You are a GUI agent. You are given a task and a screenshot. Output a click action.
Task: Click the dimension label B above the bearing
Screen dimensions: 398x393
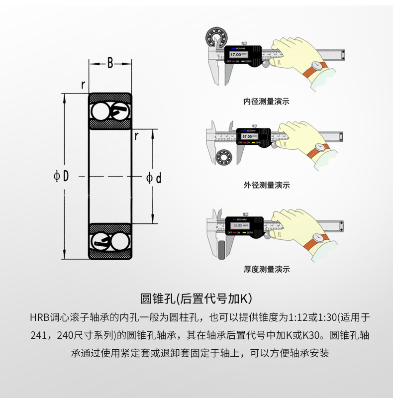[110, 63]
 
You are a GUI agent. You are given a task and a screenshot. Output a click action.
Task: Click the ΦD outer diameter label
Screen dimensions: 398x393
[61, 176]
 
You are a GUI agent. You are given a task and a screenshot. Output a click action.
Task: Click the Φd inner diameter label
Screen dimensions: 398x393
[154, 178]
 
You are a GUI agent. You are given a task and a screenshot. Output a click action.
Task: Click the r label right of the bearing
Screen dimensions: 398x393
[136, 134]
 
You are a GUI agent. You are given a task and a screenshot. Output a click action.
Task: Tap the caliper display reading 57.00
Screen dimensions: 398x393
[247, 136]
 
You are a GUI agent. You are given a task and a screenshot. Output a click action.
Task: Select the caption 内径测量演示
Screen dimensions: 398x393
[266, 101]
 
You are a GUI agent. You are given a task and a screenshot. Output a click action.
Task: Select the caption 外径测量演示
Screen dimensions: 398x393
[266, 185]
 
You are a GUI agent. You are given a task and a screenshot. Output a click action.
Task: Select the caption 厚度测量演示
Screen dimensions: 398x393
[266, 269]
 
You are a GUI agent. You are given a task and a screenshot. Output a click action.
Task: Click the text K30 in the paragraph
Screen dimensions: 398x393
[311, 335]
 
